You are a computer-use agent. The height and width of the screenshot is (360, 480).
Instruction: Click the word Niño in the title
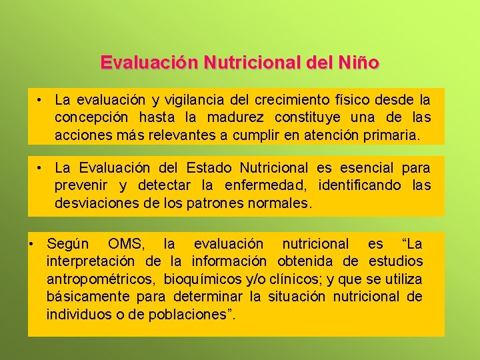tap(359, 63)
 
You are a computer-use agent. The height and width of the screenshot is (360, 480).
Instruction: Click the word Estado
tap(211, 168)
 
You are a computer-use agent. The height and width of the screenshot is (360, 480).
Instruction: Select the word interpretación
tap(91, 261)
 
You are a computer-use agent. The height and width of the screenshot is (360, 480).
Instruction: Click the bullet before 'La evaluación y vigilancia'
tap(41, 100)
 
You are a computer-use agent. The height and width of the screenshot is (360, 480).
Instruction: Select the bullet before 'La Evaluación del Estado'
tap(41, 167)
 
